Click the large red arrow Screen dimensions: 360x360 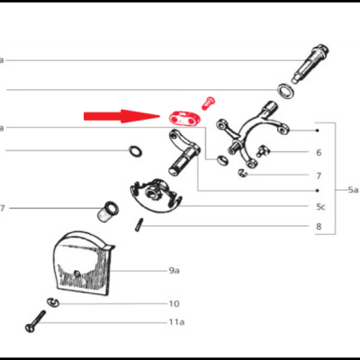pos(121,116)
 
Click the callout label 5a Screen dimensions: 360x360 pos(353,190)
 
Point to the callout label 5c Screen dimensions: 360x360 pos(319,206)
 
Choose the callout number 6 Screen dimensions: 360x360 pos(319,153)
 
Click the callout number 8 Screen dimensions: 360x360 pos(319,227)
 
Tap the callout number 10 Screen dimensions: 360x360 pos(174,303)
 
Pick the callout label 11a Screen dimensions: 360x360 pos(175,321)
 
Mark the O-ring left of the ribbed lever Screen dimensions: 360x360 pos(134,149)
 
